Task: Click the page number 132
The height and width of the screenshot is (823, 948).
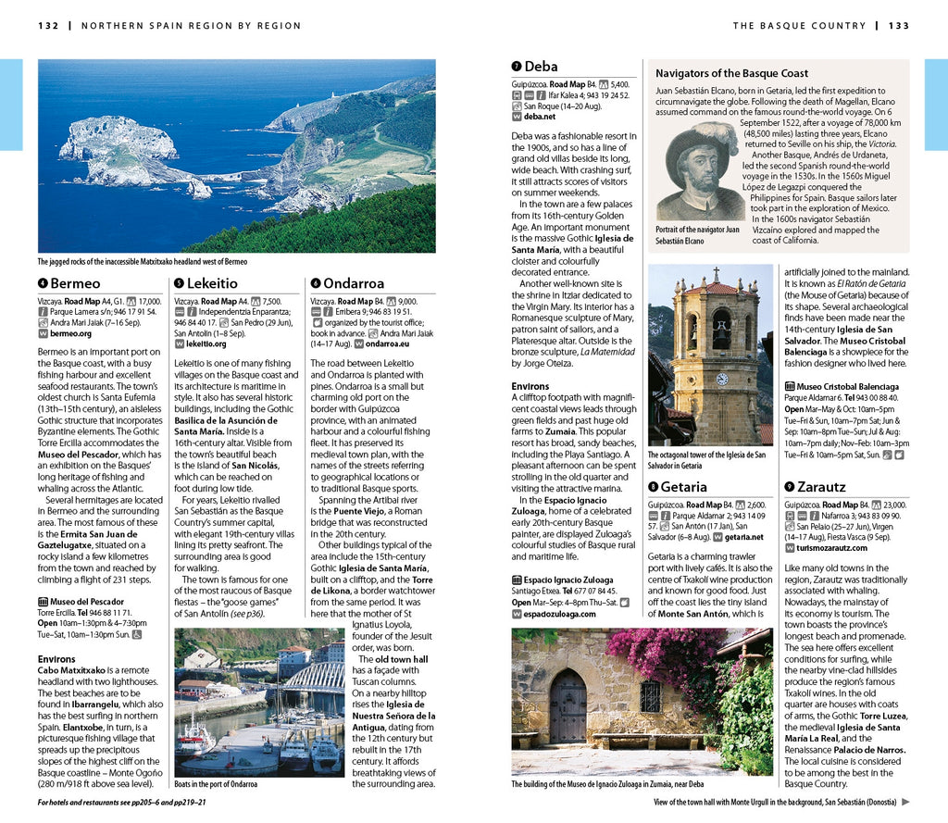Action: click(49, 26)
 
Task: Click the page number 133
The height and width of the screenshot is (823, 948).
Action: click(899, 26)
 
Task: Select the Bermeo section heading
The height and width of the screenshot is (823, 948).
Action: click(75, 283)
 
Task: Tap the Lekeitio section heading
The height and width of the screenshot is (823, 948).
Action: click(212, 283)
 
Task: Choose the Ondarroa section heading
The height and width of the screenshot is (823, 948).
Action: click(353, 283)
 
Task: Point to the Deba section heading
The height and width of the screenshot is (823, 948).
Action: click(541, 67)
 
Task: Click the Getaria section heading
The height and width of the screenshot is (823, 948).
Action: click(683, 487)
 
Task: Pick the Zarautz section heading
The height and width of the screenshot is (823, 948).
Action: click(821, 487)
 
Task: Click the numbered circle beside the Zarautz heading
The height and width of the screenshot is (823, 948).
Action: click(789, 487)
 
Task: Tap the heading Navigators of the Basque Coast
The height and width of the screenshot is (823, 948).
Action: click(731, 73)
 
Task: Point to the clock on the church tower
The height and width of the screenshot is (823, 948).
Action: click(722, 379)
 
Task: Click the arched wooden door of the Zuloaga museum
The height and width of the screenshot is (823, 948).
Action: click(568, 706)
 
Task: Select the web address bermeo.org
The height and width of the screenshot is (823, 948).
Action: click(70, 333)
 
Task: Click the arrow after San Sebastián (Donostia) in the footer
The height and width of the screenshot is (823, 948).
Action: click(905, 803)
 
